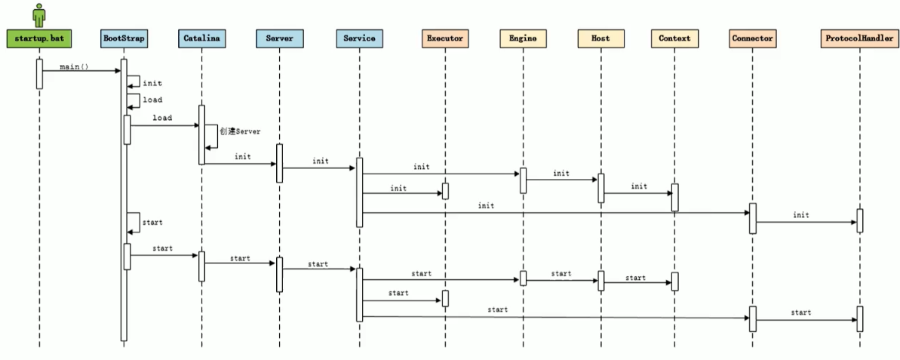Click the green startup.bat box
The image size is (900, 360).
click(x=39, y=38)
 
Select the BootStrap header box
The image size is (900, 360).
click(x=124, y=38)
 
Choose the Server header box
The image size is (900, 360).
click(x=279, y=38)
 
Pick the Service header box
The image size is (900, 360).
click(x=358, y=38)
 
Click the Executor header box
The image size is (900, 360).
click(x=444, y=38)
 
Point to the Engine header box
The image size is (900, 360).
click(x=523, y=38)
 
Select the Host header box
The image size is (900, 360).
click(x=601, y=38)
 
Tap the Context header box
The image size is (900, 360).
click(x=674, y=38)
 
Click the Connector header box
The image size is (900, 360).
click(x=752, y=38)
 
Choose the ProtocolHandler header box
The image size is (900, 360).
click(x=859, y=38)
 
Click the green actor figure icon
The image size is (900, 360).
click(x=39, y=14)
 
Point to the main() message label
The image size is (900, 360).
click(x=75, y=66)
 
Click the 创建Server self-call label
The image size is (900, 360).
click(x=240, y=131)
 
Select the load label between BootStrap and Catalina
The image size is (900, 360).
click(x=161, y=118)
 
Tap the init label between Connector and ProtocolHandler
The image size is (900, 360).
click(x=800, y=215)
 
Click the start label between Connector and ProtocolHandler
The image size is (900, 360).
click(x=800, y=312)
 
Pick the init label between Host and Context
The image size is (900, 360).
click(x=639, y=186)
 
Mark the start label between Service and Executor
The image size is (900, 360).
click(x=398, y=293)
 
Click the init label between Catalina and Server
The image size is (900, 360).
click(x=242, y=157)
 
